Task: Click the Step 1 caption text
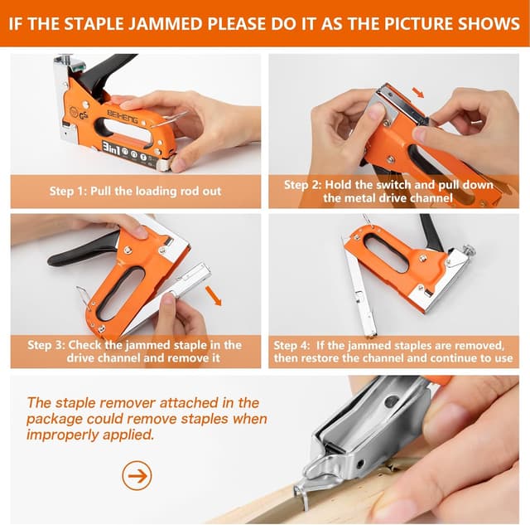click(134, 191)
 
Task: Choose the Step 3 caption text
click(134, 351)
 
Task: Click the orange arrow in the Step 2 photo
click(419, 93)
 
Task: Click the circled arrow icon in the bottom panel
click(137, 475)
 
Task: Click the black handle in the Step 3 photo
click(83, 250)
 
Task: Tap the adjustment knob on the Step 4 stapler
click(469, 250)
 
